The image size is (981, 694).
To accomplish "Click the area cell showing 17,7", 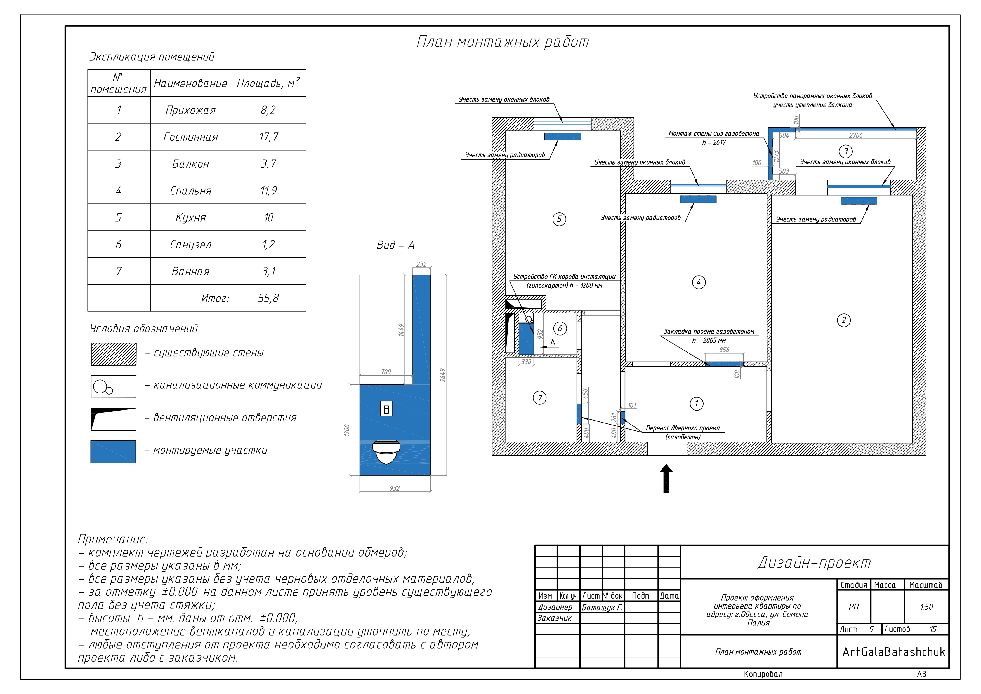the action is [269, 137].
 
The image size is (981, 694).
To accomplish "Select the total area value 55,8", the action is [269, 298].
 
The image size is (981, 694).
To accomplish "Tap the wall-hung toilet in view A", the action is [386, 452].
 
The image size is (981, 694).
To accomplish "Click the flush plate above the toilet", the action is [386, 409].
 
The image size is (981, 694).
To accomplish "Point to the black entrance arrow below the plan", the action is [666, 479].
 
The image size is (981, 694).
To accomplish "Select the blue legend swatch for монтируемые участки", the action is [113, 452].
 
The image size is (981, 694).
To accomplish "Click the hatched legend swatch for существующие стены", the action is [114, 354].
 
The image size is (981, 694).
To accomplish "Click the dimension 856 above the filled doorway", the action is [724, 350].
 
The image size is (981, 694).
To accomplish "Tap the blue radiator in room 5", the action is [562, 136].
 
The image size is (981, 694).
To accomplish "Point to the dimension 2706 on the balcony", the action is [855, 135].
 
